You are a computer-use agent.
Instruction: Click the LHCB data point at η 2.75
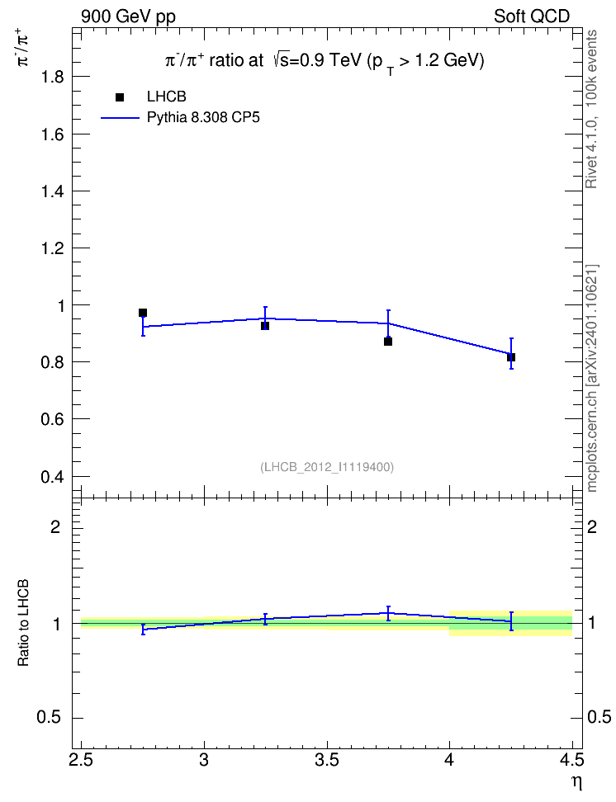pyautogui.click(x=143, y=313)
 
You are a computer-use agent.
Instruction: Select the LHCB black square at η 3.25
pyautogui.click(x=265, y=326)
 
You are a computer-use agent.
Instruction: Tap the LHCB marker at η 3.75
pyautogui.click(x=388, y=341)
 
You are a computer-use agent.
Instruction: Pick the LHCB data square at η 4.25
pyautogui.click(x=511, y=357)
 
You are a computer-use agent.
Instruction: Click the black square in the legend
pyautogui.click(x=120, y=97)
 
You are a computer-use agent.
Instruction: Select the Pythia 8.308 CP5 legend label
pyautogui.click(x=203, y=118)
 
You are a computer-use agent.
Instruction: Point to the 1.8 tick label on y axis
pyautogui.click(x=52, y=77)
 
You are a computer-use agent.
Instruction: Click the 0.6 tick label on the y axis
pyautogui.click(x=52, y=419)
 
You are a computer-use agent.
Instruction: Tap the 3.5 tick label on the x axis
pyautogui.click(x=327, y=761)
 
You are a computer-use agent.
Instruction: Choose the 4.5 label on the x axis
pyautogui.click(x=572, y=761)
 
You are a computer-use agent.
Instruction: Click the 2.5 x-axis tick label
pyautogui.click(x=81, y=761)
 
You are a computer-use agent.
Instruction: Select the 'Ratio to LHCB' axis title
pyautogui.click(x=23, y=622)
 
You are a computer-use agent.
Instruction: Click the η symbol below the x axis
pyautogui.click(x=577, y=782)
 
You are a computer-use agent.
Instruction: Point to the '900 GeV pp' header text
pyautogui.click(x=128, y=17)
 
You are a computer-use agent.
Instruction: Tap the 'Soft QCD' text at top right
pyautogui.click(x=532, y=17)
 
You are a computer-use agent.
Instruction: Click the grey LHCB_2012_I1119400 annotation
pyautogui.click(x=327, y=467)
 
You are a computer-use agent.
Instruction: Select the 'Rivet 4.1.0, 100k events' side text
pyautogui.click(x=591, y=109)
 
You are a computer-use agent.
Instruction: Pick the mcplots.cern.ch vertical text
pyautogui.click(x=592, y=378)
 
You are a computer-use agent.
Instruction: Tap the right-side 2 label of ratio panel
pyautogui.click(x=592, y=527)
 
